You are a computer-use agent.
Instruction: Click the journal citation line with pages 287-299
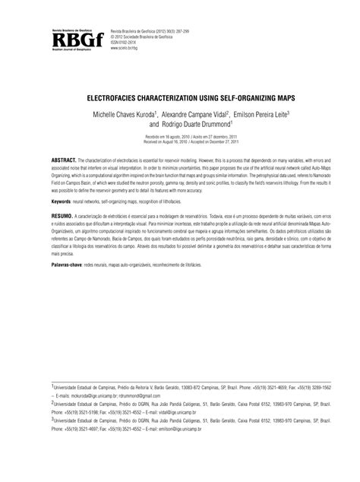159,28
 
